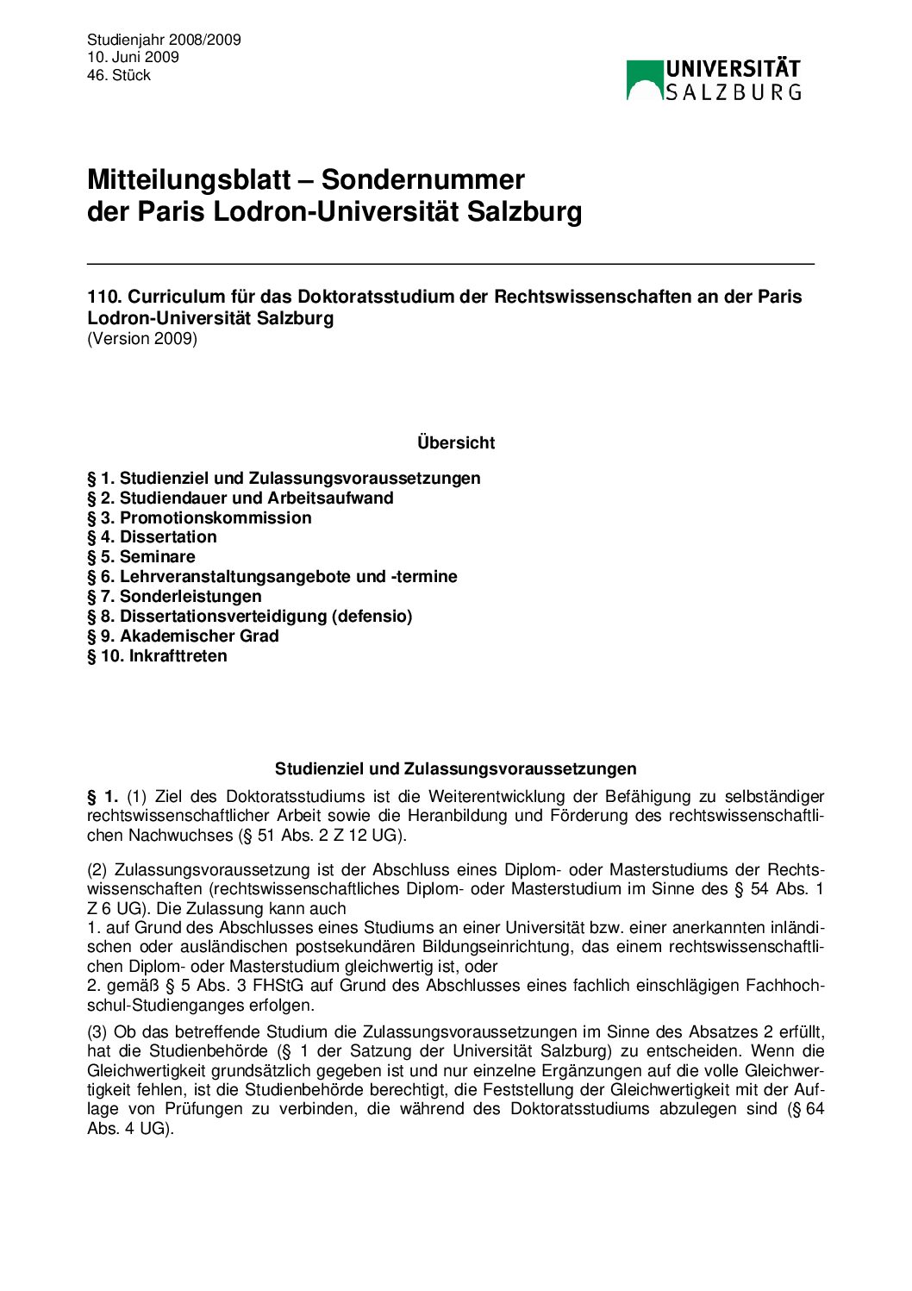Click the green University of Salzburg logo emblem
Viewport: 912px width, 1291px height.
click(644, 79)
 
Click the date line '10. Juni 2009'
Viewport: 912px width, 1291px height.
click(133, 57)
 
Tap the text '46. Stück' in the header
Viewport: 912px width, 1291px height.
click(119, 75)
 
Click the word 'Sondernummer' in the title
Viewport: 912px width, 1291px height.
click(423, 179)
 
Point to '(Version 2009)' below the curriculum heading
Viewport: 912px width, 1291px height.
click(142, 338)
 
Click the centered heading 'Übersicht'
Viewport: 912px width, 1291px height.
click(456, 442)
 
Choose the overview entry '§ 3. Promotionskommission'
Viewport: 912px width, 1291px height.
click(199, 517)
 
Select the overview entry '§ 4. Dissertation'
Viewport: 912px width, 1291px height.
click(152, 536)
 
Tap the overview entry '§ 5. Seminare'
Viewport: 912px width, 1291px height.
click(141, 556)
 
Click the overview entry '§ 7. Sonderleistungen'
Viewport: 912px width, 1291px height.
click(174, 596)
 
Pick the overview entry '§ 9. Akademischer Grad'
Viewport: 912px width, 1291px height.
click(183, 636)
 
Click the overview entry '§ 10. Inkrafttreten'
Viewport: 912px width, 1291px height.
click(157, 655)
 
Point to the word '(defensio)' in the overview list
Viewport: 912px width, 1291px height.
click(372, 616)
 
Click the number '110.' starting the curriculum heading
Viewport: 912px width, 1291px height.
click(104, 297)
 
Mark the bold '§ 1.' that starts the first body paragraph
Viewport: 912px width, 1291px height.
click(102, 796)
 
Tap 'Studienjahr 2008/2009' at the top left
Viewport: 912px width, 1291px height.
click(164, 40)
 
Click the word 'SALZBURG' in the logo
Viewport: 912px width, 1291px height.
click(733, 91)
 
